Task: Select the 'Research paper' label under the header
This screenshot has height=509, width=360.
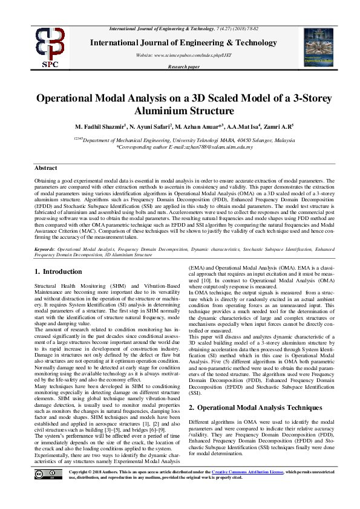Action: (x=183, y=67)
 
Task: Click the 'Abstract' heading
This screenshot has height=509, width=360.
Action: (x=45, y=167)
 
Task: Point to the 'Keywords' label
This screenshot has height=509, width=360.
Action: (x=44, y=248)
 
